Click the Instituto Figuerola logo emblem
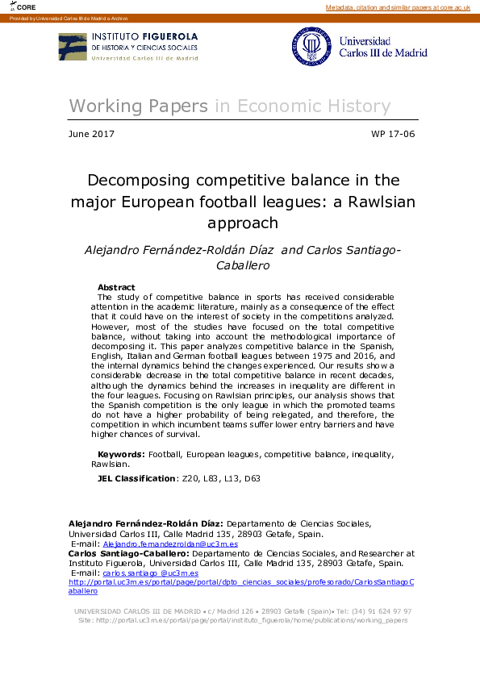tap(73, 47)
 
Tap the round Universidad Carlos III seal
tap(311, 47)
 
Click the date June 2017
tap(92, 134)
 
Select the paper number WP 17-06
tap(393, 134)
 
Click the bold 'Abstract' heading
tap(116, 287)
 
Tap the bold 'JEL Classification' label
tap(136, 478)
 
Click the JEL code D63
tap(253, 478)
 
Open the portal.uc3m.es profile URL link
tap(241, 581)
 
